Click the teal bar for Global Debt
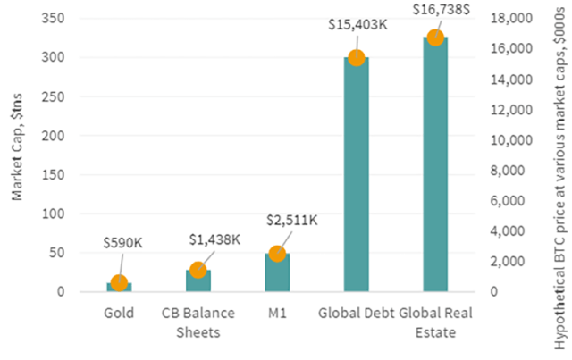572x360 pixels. tap(356, 179)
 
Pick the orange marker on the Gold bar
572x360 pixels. tap(119, 283)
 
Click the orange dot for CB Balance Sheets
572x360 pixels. tap(198, 270)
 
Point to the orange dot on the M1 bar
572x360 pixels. tap(277, 254)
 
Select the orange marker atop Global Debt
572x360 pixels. tap(356, 57)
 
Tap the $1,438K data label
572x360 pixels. tap(214, 239)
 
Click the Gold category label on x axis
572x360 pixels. tap(119, 314)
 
